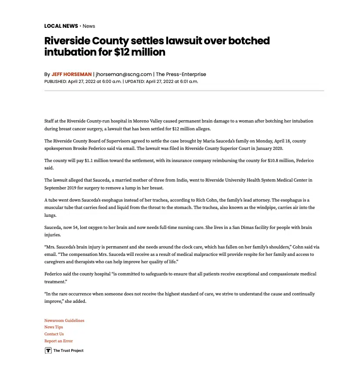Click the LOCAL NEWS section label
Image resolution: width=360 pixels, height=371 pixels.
(x=61, y=26)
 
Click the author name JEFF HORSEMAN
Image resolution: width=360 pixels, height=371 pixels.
(x=72, y=74)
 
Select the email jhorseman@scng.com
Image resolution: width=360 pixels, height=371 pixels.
(x=124, y=74)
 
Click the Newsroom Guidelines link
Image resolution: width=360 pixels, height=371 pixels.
(x=64, y=321)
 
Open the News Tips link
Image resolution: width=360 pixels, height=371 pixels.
(x=53, y=327)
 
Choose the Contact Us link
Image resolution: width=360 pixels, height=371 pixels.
(x=54, y=334)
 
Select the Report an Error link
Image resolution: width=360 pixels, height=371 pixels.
(x=59, y=341)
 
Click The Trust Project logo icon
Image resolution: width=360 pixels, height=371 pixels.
(x=48, y=351)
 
